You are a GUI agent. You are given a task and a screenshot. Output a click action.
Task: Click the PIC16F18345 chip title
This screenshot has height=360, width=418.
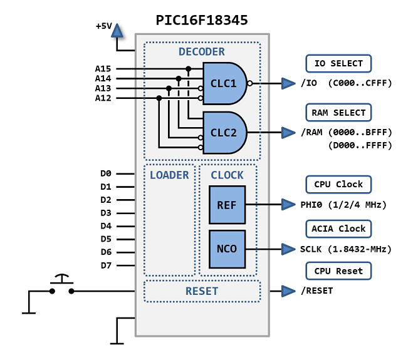coord(201,20)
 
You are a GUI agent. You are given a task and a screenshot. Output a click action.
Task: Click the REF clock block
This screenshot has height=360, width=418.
coord(227,205)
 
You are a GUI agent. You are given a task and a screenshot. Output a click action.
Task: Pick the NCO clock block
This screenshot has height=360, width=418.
coord(227,249)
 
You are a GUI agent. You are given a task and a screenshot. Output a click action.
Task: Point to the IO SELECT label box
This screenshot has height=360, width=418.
coord(338,63)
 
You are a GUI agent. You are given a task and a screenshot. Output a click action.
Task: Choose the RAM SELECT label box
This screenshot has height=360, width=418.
coord(338,113)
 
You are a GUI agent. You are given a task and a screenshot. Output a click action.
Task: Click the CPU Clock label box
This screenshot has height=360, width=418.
coord(338,185)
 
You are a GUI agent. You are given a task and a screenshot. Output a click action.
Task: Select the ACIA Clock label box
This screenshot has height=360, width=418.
coord(338,229)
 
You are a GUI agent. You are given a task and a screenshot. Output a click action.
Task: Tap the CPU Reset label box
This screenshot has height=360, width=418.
coord(338,271)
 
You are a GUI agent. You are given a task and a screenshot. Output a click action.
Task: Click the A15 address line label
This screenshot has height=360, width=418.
coord(103,69)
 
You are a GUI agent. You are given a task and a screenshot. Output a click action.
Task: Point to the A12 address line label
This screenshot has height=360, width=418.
coord(103,98)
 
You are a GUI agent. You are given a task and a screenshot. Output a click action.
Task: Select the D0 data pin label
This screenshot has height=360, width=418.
coord(106,173)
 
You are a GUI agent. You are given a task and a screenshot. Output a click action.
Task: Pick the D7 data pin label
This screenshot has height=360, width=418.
coord(106,265)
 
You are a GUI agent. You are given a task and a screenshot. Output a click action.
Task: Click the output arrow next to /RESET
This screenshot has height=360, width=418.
coord(288,291)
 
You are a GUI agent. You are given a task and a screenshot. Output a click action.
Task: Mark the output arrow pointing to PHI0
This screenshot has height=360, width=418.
coord(288,205)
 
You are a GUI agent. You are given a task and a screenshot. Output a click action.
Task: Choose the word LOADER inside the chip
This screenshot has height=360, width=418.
coord(169,175)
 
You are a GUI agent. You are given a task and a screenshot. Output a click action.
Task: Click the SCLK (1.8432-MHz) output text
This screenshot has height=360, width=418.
coord(345,249)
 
